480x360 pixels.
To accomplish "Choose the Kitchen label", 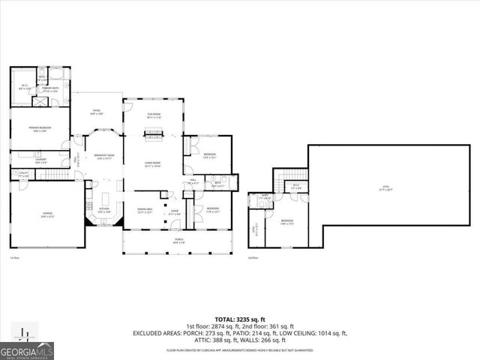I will point(104,211).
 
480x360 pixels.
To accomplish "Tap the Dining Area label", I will point(145,211).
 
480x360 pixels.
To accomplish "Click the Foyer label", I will point(174,214).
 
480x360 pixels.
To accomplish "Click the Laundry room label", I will point(40,160).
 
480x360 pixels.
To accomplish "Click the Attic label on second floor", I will point(386,189).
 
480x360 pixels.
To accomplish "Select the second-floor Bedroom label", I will point(287,222).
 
